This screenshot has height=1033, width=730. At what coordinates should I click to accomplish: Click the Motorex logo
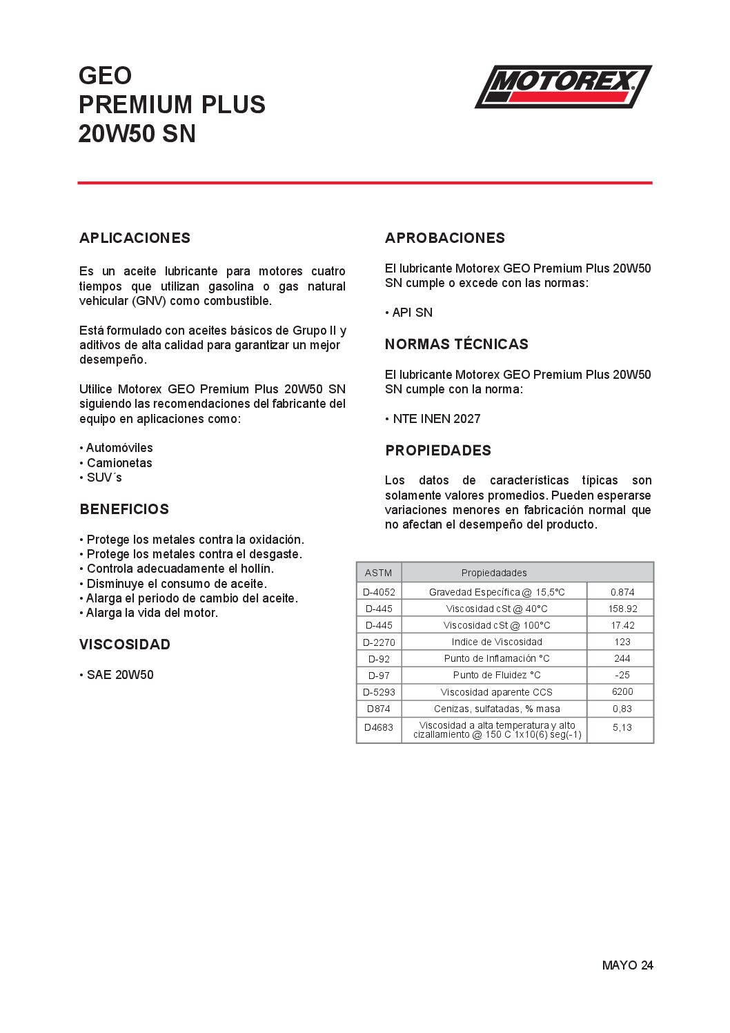[x=563, y=86]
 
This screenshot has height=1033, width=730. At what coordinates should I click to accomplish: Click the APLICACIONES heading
[x=135, y=238]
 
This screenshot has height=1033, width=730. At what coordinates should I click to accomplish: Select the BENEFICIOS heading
[x=124, y=509]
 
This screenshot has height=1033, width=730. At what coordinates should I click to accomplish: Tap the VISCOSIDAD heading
[x=125, y=645]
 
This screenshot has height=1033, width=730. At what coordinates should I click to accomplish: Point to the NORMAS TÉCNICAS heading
[x=457, y=344]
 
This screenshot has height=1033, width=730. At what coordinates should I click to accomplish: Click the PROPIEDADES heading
[x=438, y=451]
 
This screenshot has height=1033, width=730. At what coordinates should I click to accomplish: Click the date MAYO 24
[x=627, y=965]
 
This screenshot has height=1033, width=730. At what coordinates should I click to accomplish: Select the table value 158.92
[x=622, y=609]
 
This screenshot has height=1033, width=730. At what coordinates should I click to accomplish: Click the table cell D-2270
[x=379, y=642]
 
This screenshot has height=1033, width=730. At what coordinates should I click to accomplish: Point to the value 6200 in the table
[x=622, y=691]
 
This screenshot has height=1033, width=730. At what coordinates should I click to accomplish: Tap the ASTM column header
[x=378, y=573]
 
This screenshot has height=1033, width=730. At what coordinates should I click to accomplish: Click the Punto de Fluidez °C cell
[x=497, y=675]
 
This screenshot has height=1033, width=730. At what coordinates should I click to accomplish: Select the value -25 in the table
[x=622, y=675]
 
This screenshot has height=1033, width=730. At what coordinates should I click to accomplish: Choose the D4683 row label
[x=379, y=727]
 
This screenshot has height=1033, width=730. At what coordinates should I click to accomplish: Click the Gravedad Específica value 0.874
[x=622, y=592]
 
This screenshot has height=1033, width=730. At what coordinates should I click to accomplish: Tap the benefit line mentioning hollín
[x=180, y=569]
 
